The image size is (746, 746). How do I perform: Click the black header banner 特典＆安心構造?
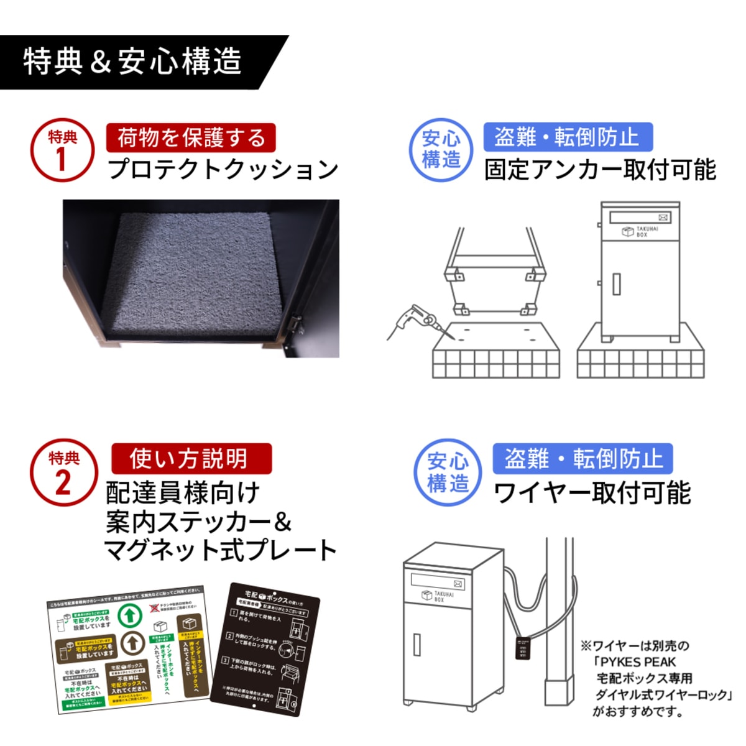coord(134,62)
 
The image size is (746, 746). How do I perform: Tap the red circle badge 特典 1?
coord(62,150)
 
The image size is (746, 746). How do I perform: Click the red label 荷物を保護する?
coord(191,137)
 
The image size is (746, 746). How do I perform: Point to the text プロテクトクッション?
coord(223,169)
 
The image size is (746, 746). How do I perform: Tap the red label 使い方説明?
coord(191,459)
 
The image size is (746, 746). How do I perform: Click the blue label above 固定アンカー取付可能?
coord(568,137)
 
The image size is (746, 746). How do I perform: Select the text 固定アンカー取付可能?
coord(600,170)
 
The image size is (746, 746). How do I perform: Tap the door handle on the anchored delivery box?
coord(616,283)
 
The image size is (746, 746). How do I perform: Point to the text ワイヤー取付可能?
coord(591,493)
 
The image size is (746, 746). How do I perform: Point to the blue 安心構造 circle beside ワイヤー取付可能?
coord(448,472)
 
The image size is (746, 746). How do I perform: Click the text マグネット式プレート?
coord(221,550)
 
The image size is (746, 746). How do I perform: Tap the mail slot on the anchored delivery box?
coord(640,217)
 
